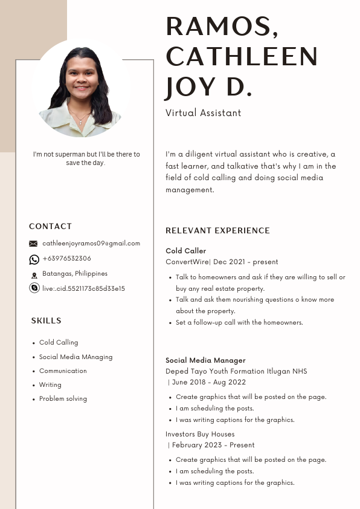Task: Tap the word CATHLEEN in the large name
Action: pos(242,57)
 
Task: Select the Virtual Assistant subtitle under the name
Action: pos(203,113)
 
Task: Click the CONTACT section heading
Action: pos(50,226)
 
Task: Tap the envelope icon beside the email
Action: pos(33,244)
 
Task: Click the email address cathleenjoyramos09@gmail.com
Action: pos(91,244)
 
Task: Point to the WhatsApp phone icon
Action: pos(34,259)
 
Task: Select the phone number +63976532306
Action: pos(67,259)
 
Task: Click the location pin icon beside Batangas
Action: pos(34,274)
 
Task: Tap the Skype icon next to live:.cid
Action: pos(34,288)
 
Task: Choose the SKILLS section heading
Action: pos(46,320)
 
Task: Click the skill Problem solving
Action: pos(63,399)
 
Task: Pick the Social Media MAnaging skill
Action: pos(76,357)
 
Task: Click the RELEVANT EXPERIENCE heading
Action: pos(217,230)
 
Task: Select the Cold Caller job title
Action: pos(185,251)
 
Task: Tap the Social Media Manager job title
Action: pos(205,360)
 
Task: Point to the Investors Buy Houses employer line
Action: pos(200,434)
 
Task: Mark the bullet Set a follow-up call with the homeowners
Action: pos(239,323)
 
